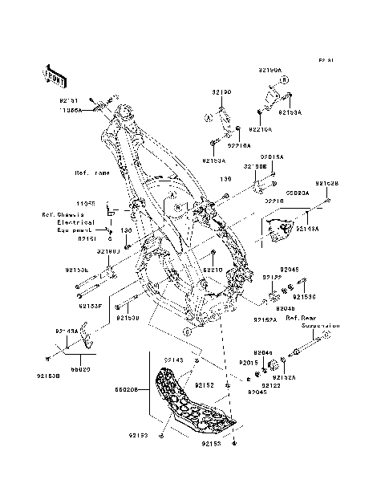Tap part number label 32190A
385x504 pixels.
click(270, 70)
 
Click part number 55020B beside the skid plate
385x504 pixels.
click(130, 388)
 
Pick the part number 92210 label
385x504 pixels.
click(212, 270)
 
